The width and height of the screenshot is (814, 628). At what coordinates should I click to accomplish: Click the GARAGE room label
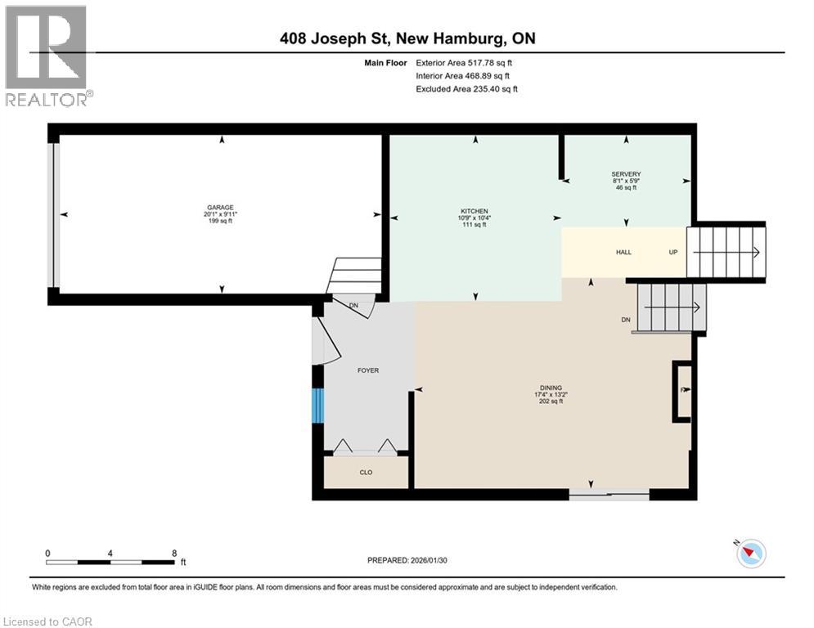pos(220,207)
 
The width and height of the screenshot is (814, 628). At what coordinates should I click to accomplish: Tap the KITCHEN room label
pos(474,211)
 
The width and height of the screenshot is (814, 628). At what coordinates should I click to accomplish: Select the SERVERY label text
pos(626,174)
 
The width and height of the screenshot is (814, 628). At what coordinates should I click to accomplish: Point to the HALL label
pos(623,252)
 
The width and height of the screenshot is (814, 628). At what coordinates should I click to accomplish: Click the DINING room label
pos(551,388)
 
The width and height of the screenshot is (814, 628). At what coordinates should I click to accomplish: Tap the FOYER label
pos(368,370)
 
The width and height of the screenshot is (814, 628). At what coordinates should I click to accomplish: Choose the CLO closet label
pos(366,473)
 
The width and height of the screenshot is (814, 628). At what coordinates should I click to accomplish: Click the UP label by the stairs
pos(673,252)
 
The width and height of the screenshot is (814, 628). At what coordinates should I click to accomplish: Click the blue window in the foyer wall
pos(318,406)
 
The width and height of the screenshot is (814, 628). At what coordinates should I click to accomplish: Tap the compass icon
pos(751,553)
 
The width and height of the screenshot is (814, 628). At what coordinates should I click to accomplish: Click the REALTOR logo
pos(47,56)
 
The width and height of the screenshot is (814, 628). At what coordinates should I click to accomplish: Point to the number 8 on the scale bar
pos(174,554)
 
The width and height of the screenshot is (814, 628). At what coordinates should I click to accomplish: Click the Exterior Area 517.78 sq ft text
pos(464,63)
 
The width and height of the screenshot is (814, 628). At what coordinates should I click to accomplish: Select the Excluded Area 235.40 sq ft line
pos(466,89)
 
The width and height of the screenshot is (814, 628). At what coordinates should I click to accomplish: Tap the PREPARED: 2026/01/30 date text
pos(407,560)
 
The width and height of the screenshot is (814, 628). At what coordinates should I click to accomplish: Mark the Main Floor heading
pos(385,63)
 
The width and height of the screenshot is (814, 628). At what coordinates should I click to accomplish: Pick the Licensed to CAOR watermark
pos(47,621)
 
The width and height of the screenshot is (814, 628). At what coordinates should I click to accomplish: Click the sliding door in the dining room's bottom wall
pos(609,495)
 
